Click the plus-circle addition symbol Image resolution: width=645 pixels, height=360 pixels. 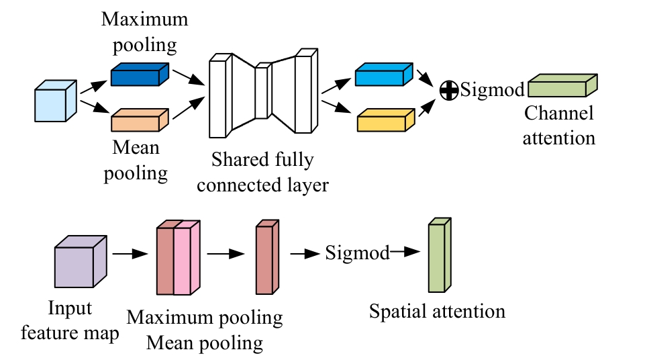pyautogui.click(x=448, y=90)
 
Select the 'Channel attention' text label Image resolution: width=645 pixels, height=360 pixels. pyautogui.click(x=559, y=126)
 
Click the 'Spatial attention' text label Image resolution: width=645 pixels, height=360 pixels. pyautogui.click(x=437, y=311)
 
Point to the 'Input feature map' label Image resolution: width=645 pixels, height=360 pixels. pyautogui.click(x=69, y=320)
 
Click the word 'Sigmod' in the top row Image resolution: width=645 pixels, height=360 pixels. pyautogui.click(x=492, y=90)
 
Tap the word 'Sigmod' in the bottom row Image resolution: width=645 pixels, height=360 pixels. pyautogui.click(x=357, y=254)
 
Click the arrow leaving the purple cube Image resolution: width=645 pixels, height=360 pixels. pyautogui.click(x=130, y=255)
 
